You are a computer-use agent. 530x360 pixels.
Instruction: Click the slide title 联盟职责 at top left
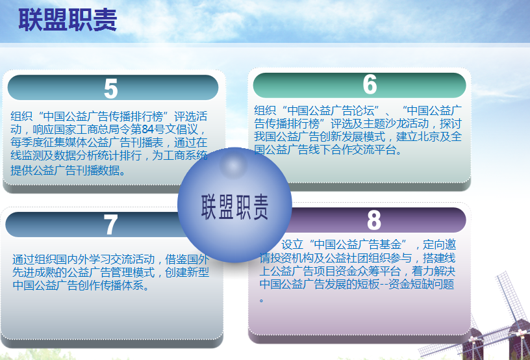68,20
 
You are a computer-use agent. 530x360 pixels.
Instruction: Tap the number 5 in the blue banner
111,89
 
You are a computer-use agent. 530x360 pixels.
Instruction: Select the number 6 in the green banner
370,84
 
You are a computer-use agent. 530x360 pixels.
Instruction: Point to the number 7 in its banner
110,224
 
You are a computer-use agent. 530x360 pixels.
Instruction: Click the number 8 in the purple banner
374,220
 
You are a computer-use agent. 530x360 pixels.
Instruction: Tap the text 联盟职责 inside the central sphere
234,207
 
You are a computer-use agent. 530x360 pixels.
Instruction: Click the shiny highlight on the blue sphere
233,165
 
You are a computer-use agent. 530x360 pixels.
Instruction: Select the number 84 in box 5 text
147,129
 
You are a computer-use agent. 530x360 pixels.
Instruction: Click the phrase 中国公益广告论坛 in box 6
331,110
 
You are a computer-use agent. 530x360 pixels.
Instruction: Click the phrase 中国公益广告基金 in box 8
357,244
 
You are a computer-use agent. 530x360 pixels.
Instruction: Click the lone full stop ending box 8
261,300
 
